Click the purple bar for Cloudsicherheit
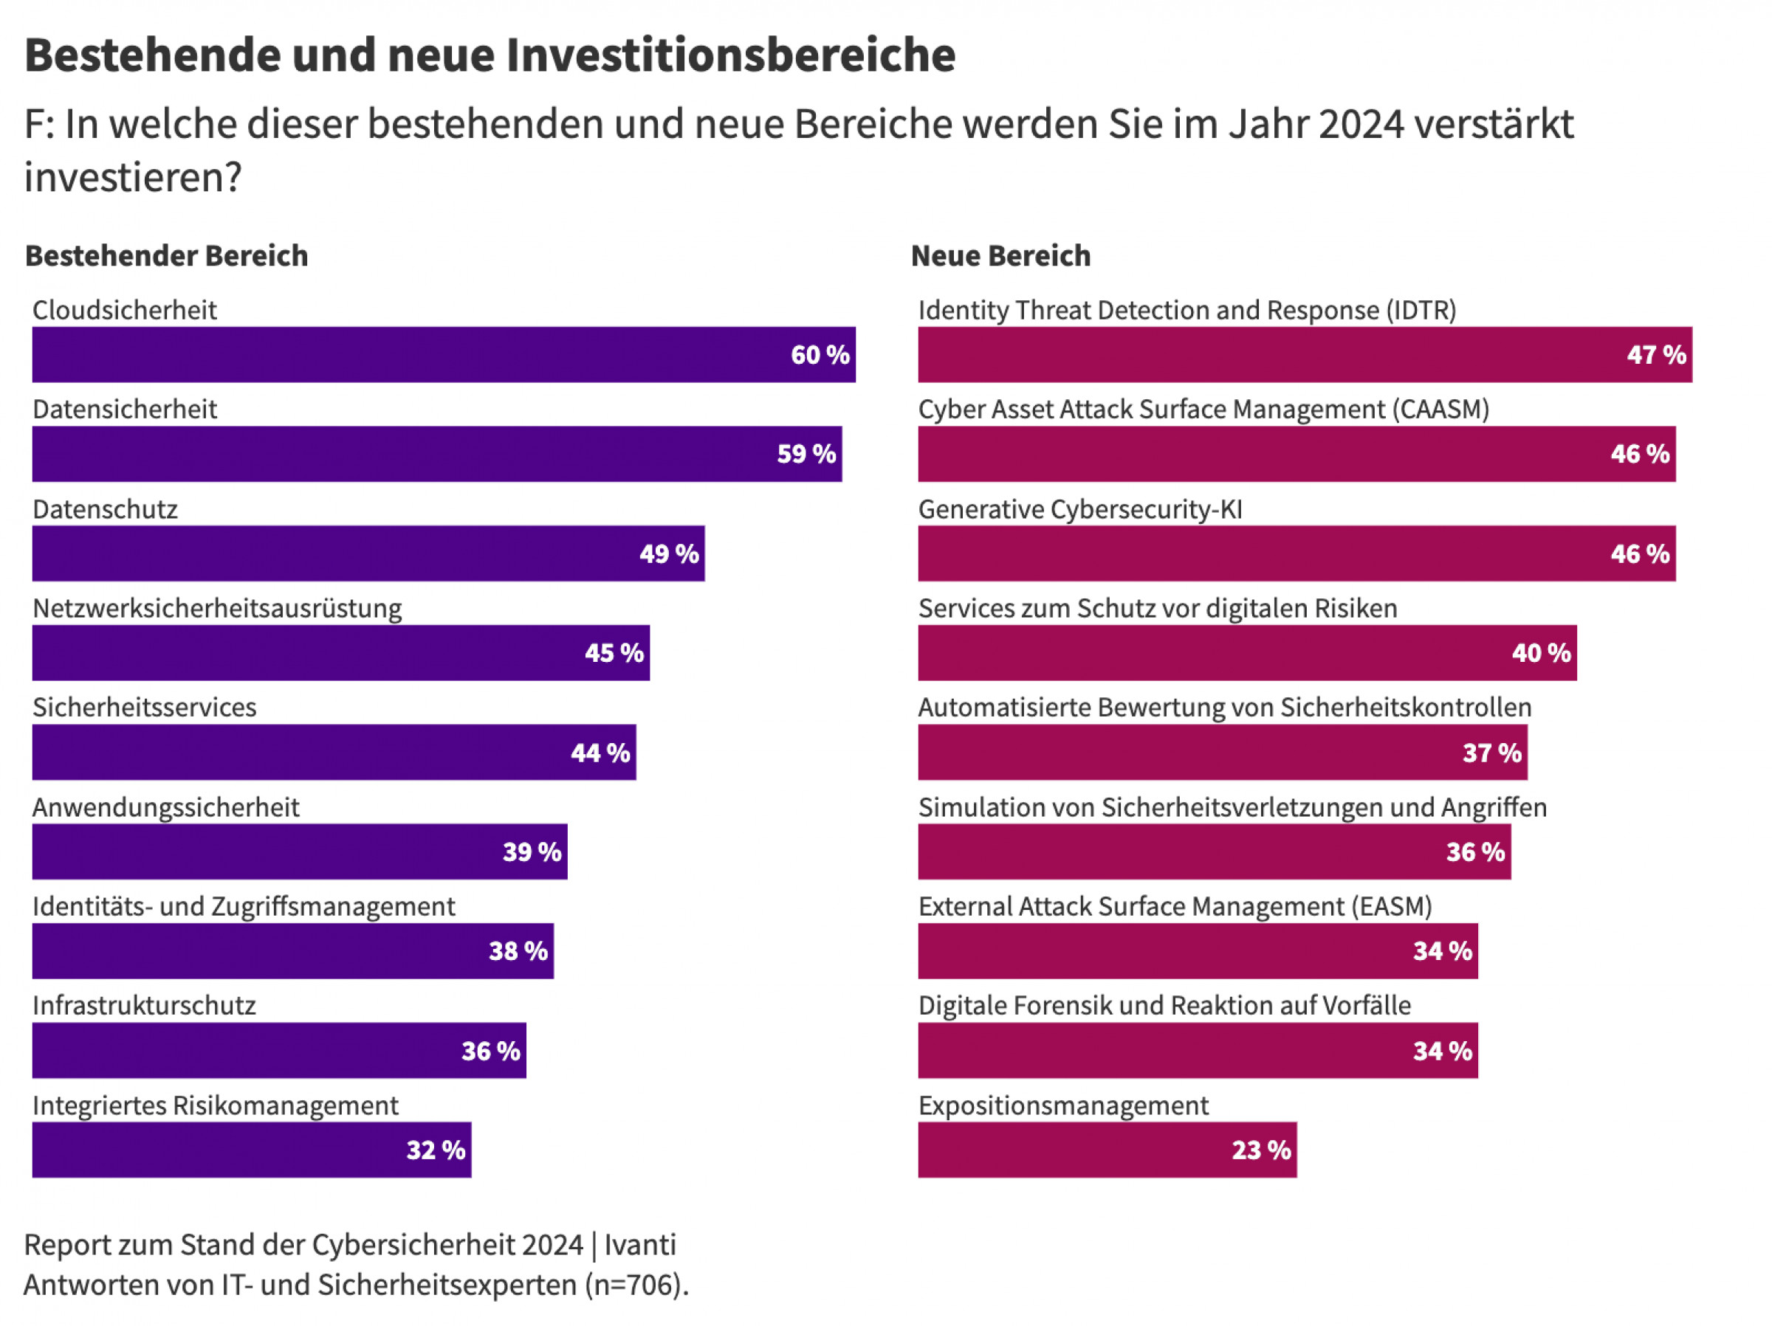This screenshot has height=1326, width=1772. [x=443, y=354]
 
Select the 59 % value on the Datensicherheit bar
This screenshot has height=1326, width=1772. [x=806, y=454]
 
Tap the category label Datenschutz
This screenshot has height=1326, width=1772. [x=105, y=509]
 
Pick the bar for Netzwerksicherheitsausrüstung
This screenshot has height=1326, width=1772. [x=340, y=652]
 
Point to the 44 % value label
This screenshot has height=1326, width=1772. [x=600, y=753]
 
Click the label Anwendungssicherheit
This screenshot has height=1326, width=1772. [x=166, y=807]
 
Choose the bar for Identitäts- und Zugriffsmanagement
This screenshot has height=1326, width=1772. [x=292, y=951]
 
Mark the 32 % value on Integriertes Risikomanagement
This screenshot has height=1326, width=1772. [x=436, y=1150]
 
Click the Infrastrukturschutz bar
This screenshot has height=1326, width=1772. [x=279, y=1051]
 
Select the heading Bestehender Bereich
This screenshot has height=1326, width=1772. [x=167, y=256]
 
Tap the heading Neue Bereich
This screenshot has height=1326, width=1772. [x=1000, y=256]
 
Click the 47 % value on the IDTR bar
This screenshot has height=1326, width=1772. [x=1656, y=354]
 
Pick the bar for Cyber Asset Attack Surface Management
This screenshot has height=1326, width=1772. [x=1297, y=454]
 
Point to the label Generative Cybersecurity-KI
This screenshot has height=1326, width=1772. [x=1080, y=509]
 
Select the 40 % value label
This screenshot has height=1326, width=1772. [x=1540, y=652]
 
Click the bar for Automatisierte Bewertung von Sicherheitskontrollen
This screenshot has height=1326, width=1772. [x=1223, y=753]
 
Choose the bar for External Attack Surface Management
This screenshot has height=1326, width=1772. [x=1198, y=951]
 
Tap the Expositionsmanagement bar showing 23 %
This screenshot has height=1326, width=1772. [x=1107, y=1150]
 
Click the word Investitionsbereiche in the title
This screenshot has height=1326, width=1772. [x=731, y=56]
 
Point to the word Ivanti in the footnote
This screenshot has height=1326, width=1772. [x=640, y=1245]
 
